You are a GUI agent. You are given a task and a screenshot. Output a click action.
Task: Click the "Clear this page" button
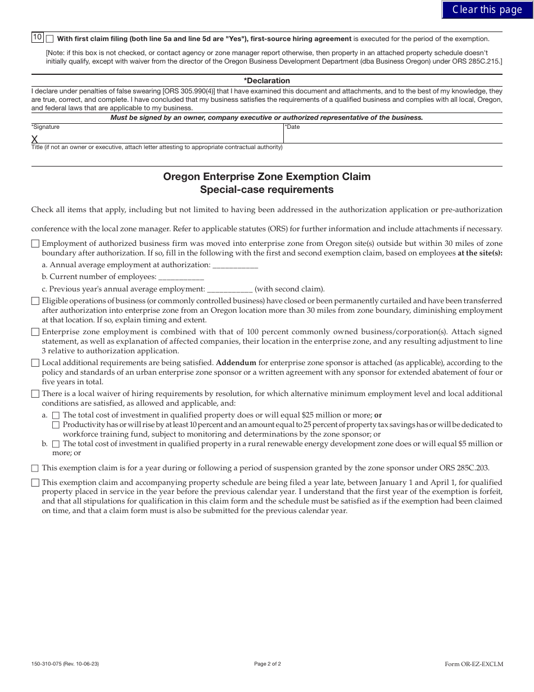(x=487, y=10)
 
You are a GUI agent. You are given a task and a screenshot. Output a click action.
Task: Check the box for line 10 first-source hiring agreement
(x=50, y=39)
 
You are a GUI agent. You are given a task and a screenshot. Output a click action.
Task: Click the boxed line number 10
(x=37, y=38)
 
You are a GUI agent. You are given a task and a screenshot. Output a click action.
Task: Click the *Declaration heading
(x=267, y=80)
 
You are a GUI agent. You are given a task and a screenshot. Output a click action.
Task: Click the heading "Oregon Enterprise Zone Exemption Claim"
(x=267, y=177)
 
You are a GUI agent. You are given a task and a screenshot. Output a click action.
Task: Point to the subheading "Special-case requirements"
(x=267, y=190)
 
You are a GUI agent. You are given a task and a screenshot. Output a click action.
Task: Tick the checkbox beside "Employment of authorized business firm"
(x=35, y=244)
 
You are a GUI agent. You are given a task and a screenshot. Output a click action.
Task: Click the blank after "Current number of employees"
(x=181, y=277)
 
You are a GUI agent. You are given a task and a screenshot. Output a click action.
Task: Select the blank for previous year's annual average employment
(x=230, y=289)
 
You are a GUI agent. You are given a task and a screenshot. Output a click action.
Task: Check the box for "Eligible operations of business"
(x=35, y=302)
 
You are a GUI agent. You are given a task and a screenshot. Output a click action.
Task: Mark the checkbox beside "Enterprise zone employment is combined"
(x=35, y=332)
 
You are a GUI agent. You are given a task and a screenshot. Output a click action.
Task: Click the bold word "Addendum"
(x=236, y=363)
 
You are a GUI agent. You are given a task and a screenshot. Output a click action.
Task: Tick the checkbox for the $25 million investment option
(x=56, y=415)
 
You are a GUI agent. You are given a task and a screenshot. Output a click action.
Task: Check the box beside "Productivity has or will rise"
(x=56, y=425)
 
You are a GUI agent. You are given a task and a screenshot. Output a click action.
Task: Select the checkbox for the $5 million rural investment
(x=56, y=444)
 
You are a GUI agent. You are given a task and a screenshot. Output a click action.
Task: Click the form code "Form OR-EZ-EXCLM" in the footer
(x=474, y=664)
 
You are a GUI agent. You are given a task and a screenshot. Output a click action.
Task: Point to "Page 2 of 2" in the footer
(x=268, y=664)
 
